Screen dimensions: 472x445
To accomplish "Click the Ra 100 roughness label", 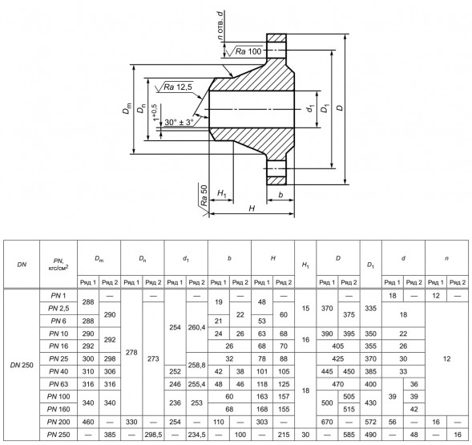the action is click(248, 51).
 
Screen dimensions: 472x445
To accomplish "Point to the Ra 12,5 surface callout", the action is click(178, 87).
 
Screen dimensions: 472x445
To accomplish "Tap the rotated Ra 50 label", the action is click(204, 196).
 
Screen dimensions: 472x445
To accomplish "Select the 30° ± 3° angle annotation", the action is click(179, 123).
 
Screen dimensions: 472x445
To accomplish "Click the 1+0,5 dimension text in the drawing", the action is click(155, 112).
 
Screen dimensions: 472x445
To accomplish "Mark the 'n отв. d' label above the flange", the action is click(221, 26).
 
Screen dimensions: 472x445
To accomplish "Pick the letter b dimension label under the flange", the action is click(280, 195).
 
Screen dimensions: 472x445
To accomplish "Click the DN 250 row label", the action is click(22, 365).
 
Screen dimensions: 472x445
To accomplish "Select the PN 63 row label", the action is click(58, 384).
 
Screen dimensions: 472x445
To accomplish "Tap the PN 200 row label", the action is click(58, 422).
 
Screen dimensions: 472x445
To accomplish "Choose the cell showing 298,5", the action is click(153, 435).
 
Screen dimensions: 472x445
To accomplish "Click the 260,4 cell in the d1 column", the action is click(196, 327).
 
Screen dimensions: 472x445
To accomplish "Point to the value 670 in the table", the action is click(327, 422).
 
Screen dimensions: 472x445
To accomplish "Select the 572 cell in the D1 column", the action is click(370, 422).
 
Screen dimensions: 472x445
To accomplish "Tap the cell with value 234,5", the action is click(196, 435).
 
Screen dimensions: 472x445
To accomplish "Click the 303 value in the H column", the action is click(262, 422).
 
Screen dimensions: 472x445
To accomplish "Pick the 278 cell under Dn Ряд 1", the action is click(131, 353).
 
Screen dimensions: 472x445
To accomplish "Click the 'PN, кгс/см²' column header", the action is click(58, 264).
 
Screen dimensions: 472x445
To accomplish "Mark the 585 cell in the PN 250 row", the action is click(349, 435).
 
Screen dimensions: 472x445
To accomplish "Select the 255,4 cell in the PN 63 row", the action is click(196, 384).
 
